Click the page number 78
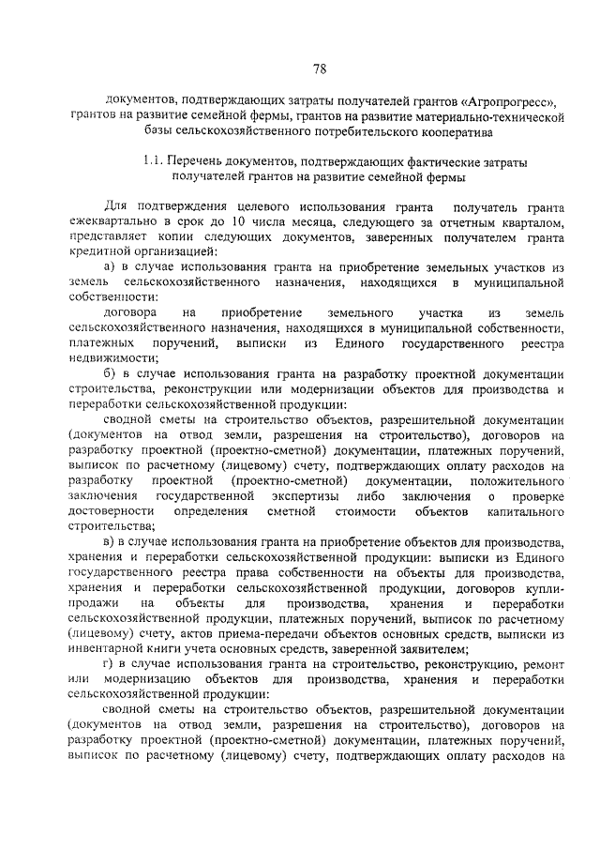(318, 68)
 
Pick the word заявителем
(432, 649)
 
